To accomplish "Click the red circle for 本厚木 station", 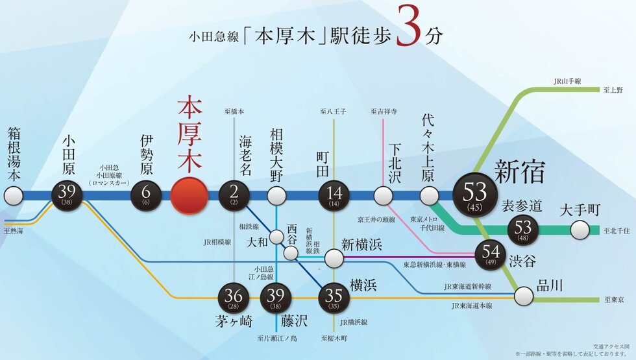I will click(x=190, y=195).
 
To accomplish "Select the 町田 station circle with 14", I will click(x=334, y=195).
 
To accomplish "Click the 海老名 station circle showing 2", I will click(x=235, y=195).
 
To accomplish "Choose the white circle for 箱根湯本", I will click(x=13, y=195).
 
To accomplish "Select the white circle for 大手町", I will click(x=580, y=230).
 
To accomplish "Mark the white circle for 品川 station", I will click(x=524, y=297).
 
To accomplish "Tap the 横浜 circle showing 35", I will click(x=334, y=298).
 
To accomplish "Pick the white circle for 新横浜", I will click(x=334, y=259).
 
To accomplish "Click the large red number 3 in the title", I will click(x=410, y=27).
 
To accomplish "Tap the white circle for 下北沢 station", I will click(x=383, y=195).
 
